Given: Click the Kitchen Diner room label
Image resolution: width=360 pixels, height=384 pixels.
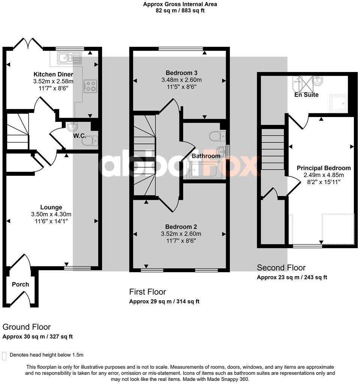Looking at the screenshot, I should [x=53, y=74].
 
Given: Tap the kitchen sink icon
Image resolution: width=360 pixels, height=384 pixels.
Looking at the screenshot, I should [x=69, y=58].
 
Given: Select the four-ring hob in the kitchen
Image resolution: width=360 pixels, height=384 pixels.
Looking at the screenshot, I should [x=90, y=86].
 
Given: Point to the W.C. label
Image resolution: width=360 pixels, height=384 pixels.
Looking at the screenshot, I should [x=79, y=135].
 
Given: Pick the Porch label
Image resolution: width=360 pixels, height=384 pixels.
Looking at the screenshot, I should [x=20, y=284].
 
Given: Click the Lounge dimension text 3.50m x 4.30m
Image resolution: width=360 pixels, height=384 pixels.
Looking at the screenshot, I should [x=52, y=214].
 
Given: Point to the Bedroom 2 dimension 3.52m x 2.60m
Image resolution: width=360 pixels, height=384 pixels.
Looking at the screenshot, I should [x=181, y=234].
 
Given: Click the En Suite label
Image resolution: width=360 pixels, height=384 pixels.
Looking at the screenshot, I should [x=306, y=95].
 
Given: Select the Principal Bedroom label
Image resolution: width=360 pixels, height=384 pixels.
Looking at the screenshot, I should [x=324, y=168].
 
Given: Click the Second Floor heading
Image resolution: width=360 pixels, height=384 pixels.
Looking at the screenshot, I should [x=281, y=268].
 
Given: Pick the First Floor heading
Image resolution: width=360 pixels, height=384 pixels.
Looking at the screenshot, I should [x=147, y=292].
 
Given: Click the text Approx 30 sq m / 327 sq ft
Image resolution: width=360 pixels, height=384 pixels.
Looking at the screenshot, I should [x=37, y=336].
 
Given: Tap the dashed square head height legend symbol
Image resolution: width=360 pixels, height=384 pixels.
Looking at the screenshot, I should [x=4, y=355].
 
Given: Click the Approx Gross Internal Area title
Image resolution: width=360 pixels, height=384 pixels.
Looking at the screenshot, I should [x=180, y=4].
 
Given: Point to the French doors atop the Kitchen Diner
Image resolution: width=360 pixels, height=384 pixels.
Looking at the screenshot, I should [x=28, y=44].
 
